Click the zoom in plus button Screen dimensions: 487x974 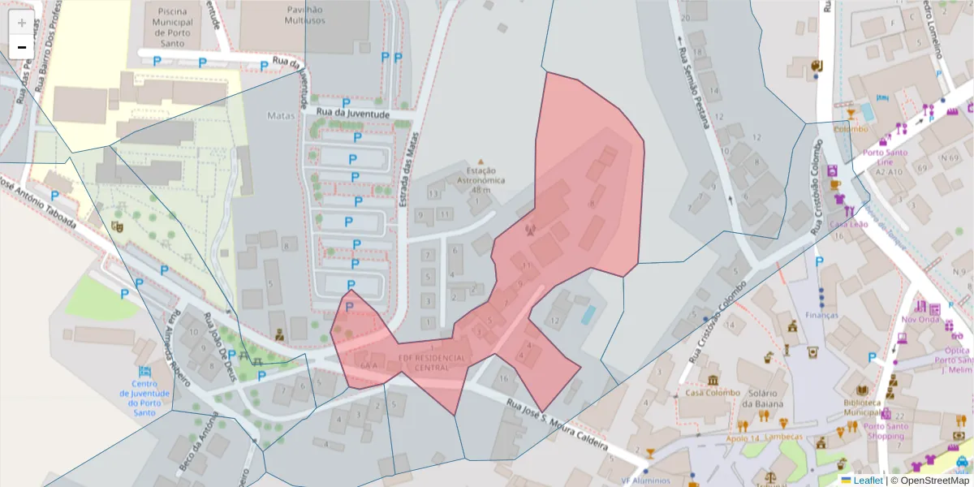22,23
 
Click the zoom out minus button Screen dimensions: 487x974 22,47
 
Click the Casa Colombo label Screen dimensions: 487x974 712,393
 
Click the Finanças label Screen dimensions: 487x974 821,314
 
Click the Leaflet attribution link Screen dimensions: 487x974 867,481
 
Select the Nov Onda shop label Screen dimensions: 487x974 919,319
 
